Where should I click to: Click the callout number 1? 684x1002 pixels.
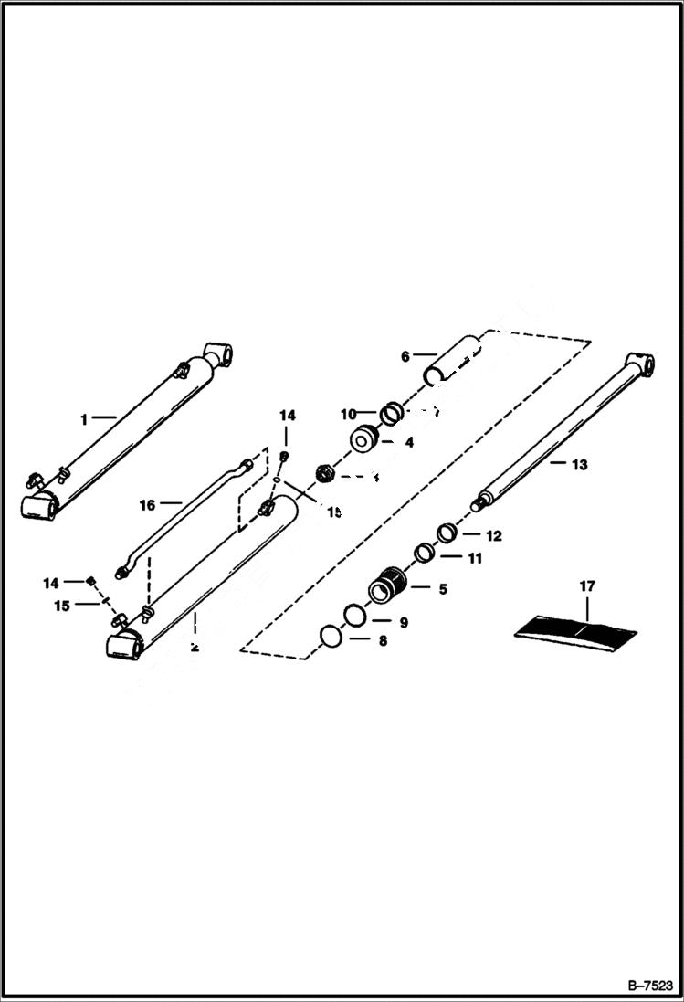(x=84, y=419)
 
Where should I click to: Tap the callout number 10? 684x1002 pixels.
(x=348, y=414)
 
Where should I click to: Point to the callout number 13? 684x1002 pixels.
(x=578, y=464)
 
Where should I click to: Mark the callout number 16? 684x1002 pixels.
(x=148, y=503)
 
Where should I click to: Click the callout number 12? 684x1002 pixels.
(x=493, y=536)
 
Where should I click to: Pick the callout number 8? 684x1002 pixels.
(x=383, y=641)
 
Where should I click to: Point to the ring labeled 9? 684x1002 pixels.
(x=356, y=616)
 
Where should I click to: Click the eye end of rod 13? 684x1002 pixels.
(x=643, y=364)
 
